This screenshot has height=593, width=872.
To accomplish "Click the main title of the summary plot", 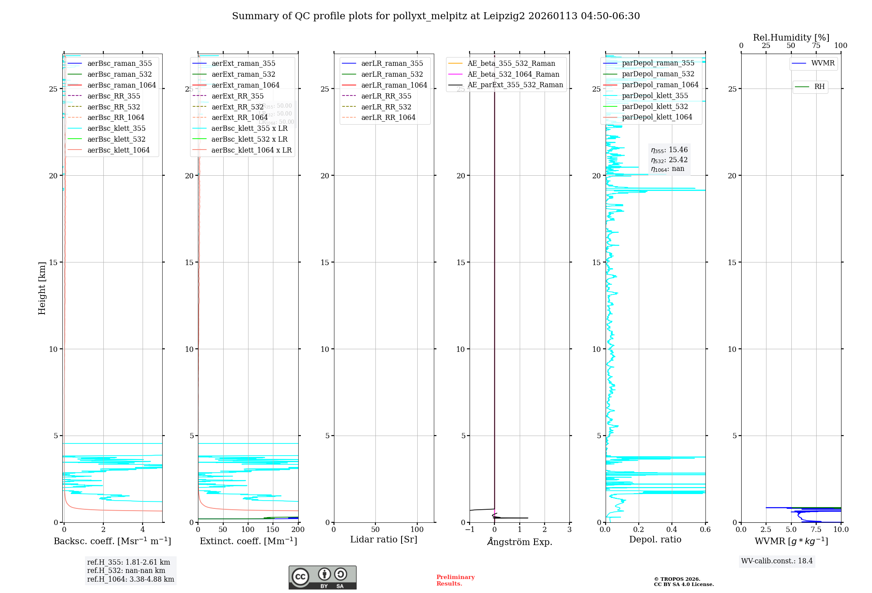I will (436, 16).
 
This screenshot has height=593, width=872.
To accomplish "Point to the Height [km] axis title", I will (42, 288).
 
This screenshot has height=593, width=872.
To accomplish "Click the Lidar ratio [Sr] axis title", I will (384, 539).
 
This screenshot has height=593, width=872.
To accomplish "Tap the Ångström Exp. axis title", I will (519, 542).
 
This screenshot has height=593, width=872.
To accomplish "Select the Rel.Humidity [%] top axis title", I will (791, 37).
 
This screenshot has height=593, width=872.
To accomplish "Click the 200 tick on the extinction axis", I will (298, 529).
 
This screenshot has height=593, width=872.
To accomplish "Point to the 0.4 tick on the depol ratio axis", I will (672, 529).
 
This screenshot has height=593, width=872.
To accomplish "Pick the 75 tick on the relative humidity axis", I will (816, 45).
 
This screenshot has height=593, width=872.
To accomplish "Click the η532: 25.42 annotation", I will (669, 160).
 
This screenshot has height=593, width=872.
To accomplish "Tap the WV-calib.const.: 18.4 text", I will (777, 561).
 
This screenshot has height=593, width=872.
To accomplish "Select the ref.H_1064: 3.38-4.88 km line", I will (130, 579).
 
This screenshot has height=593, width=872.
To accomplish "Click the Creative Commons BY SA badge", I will (322, 577).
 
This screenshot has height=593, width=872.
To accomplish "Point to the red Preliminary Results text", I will (455, 580).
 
